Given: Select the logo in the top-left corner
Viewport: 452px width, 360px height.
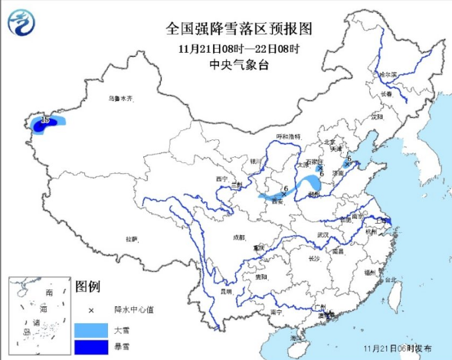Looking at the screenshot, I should (21, 24).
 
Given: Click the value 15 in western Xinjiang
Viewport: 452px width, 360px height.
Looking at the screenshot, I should (45, 120).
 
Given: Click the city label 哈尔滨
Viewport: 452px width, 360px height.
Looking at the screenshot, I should (388, 75).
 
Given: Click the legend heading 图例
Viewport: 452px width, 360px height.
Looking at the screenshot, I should (88, 286).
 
